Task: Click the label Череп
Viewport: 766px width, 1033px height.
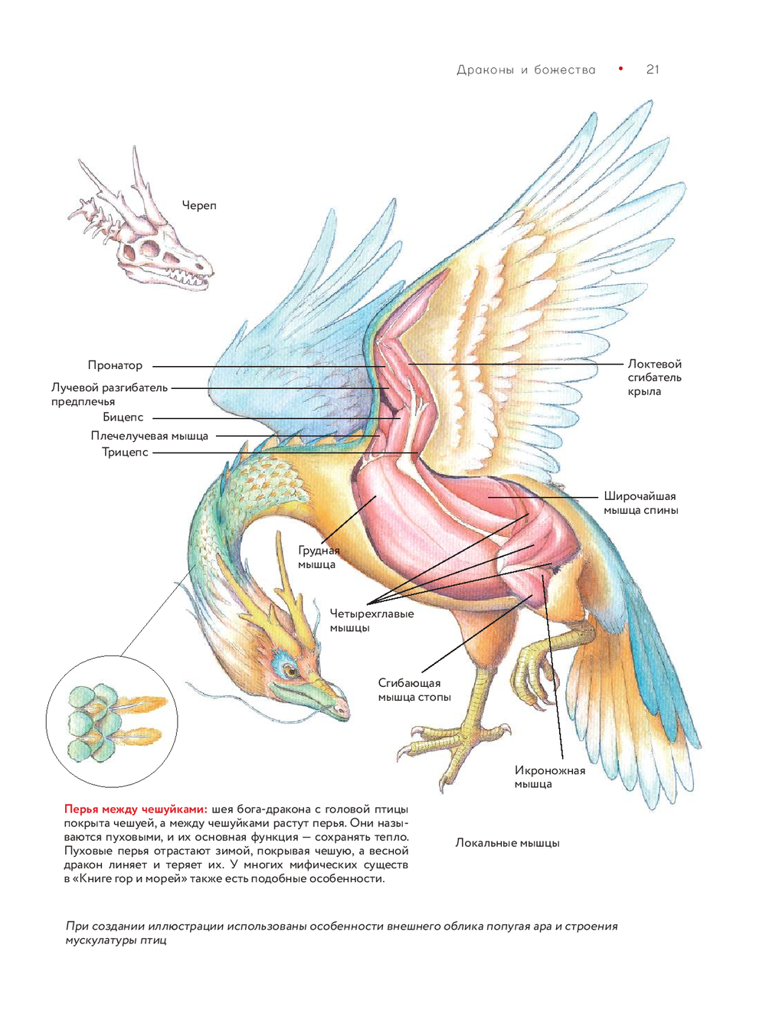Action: (199, 205)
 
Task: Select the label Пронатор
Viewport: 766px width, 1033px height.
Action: (115, 365)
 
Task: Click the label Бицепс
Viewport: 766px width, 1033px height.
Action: (123, 417)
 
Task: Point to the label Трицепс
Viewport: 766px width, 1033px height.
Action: (125, 452)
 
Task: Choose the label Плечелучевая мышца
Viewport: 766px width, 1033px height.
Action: (149, 436)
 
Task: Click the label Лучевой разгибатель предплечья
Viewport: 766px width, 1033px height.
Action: (109, 394)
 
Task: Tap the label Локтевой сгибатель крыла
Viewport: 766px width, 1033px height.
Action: (654, 378)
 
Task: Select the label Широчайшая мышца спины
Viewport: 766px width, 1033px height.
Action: (640, 503)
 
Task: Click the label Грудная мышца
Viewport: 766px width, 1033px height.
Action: (317, 557)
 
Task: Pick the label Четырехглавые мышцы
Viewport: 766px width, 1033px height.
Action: (372, 620)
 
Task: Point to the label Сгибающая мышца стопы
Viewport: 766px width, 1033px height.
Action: (414, 690)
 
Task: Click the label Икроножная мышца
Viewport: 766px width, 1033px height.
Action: (549, 777)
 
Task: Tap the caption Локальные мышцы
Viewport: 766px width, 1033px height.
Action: (507, 843)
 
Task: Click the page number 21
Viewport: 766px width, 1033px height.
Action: (653, 70)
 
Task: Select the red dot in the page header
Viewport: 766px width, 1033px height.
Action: (620, 69)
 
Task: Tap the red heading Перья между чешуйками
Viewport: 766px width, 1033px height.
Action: (136, 809)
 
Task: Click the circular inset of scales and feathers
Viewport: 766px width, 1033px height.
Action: (112, 721)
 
